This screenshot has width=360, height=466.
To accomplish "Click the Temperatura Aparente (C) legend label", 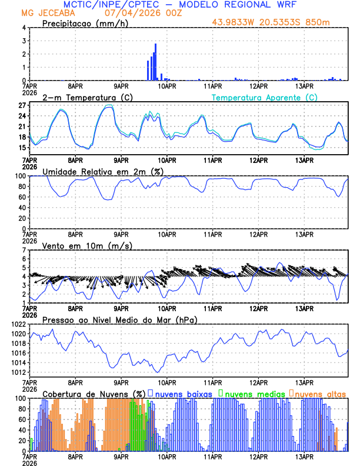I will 265,97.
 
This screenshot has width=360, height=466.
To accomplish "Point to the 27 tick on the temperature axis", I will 22,105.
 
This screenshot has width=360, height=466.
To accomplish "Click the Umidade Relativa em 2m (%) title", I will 102,171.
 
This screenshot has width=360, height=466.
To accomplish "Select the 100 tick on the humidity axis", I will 21,176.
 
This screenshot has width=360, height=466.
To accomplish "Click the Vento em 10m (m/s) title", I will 87,245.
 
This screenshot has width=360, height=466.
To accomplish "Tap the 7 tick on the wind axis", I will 24,250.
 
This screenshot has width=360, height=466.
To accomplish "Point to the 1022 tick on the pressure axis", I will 18,324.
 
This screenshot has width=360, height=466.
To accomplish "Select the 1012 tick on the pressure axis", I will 18,372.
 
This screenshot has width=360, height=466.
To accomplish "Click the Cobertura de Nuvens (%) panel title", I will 94,393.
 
